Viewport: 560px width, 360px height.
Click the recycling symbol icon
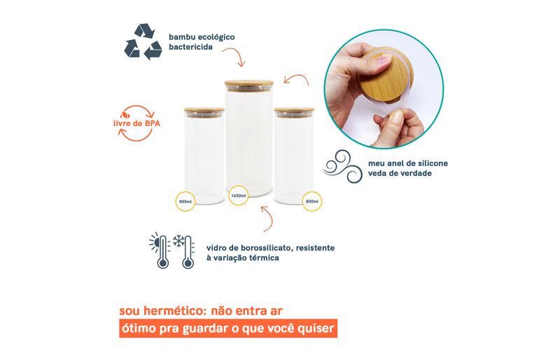coord(143,41)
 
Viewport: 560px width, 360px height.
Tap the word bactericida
coord(190,47)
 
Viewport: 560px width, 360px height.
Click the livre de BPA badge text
coord(136,124)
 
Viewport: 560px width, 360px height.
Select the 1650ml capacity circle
coord(238,195)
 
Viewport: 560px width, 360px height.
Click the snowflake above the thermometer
coord(178,241)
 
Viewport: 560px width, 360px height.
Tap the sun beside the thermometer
coord(155,243)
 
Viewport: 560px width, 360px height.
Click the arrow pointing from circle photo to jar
coord(296,79)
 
